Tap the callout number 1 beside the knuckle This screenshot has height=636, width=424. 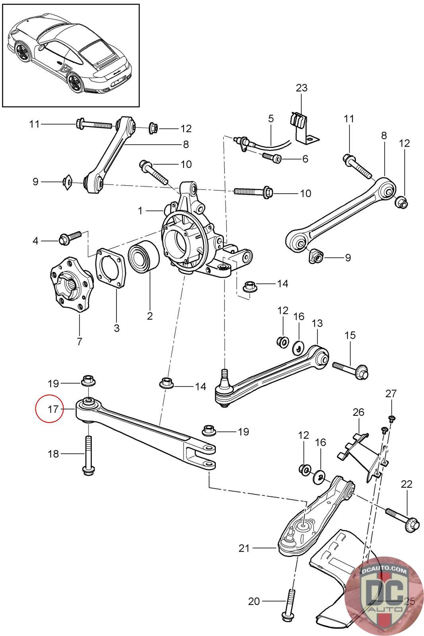coord(140,211)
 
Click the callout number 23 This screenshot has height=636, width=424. coord(302,88)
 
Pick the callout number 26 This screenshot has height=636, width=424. coord(358,412)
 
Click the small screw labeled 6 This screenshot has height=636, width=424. coord(272,158)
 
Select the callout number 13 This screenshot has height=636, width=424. coord(318,323)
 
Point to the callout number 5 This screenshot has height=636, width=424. coord(271,118)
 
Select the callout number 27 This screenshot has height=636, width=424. coord(391,394)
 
